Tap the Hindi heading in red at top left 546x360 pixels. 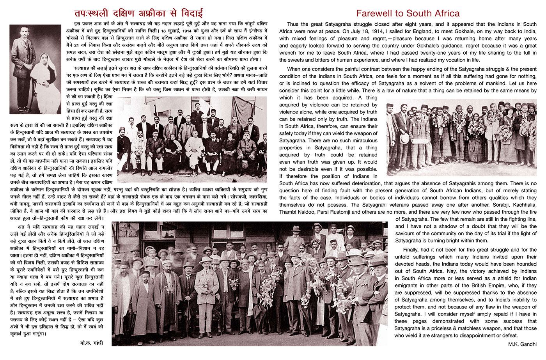click(138, 13)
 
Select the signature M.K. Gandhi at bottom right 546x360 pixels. click(522, 344)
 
